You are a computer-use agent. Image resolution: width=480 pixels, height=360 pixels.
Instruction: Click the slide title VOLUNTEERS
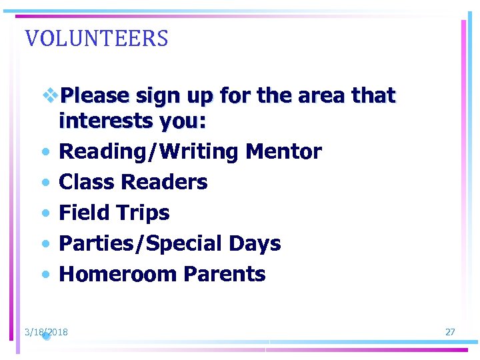pos(97,39)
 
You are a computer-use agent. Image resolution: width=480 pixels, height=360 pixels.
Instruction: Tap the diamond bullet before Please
pos(50,95)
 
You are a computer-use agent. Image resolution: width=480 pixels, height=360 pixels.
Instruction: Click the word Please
pos(94,96)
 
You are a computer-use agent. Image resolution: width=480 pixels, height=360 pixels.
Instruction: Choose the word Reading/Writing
pos(149,152)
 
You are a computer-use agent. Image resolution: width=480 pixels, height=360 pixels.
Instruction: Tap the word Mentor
pos(283,152)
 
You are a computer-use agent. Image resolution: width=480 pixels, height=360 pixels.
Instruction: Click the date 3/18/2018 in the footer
pos(46,332)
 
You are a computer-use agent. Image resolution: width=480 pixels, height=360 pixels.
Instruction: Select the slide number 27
pos(450,332)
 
